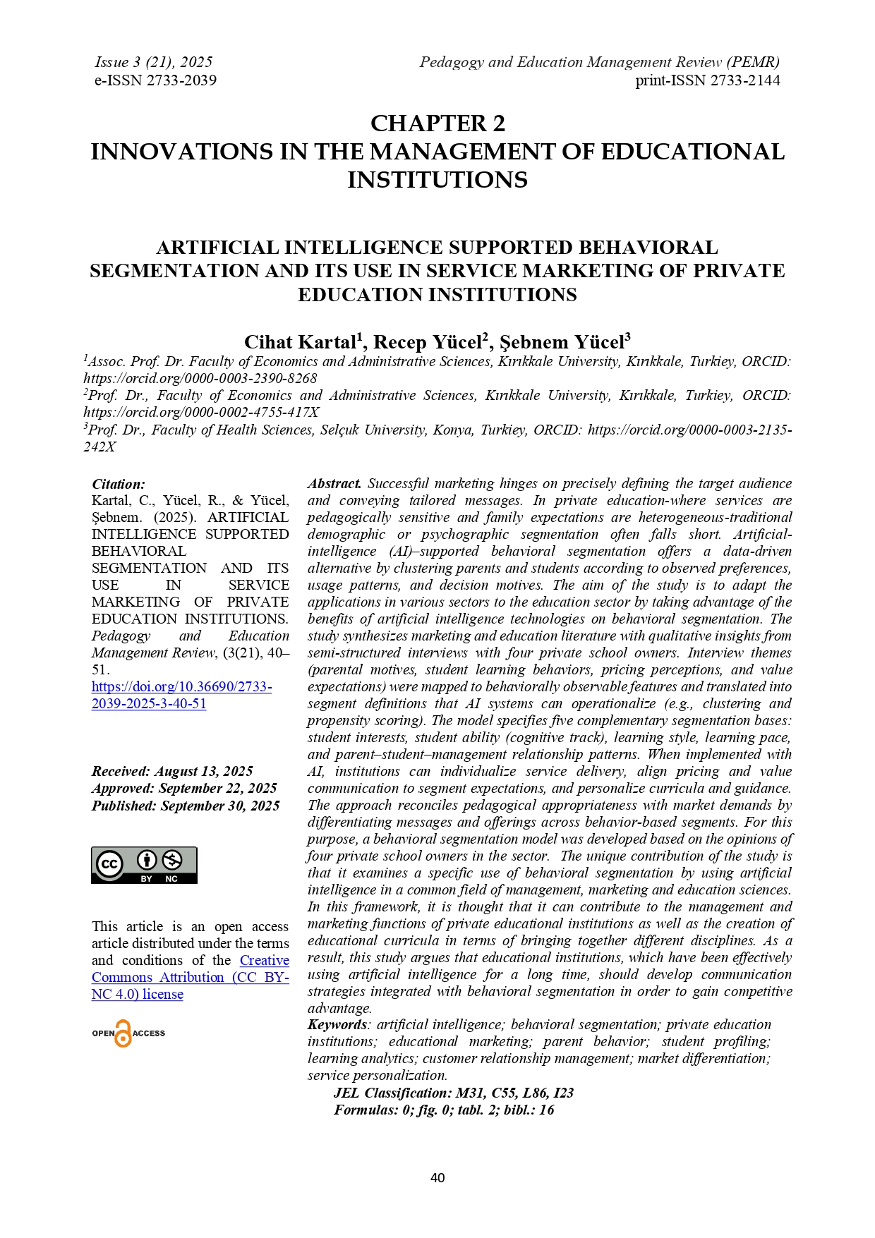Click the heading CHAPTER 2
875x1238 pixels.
tap(437, 123)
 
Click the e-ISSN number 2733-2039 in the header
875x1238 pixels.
tap(155, 80)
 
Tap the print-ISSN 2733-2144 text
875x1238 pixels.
tap(707, 80)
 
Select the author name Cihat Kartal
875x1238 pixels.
tap(300, 342)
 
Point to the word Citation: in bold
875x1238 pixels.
tap(119, 484)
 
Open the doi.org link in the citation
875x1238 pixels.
tap(181, 695)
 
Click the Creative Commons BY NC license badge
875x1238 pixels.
tap(144, 865)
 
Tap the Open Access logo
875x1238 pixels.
tap(128, 1033)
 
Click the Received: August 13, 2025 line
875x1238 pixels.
tap(172, 771)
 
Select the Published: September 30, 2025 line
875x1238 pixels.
tap(186, 806)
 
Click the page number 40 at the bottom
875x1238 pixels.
tap(437, 1177)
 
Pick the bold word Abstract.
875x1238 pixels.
tap(334, 484)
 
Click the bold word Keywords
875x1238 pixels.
tap(337, 1024)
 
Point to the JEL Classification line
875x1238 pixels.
tap(454, 1093)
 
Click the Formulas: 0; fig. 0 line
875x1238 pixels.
tap(444, 1110)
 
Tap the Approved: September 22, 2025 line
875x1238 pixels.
tap(184, 788)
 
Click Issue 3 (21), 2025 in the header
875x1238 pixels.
tap(154, 62)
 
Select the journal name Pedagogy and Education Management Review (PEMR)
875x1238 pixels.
tap(599, 62)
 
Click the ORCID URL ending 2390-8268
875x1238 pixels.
tap(200, 378)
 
